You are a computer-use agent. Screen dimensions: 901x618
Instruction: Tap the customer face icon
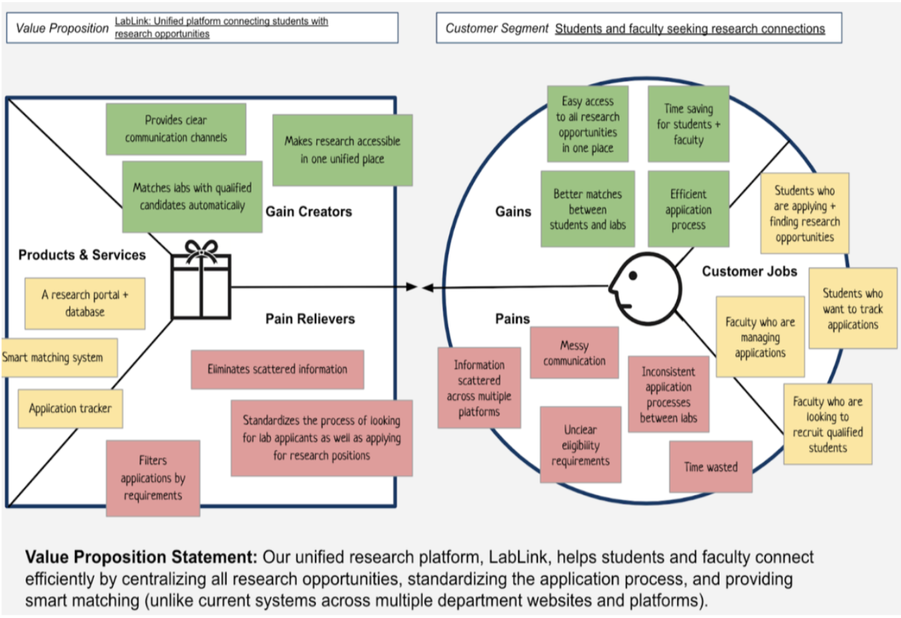[645, 288]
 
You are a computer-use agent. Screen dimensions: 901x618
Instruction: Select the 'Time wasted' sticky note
[711, 467]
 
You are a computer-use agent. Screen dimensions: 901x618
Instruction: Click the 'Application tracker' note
[70, 408]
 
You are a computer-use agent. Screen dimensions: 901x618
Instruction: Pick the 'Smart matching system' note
[59, 357]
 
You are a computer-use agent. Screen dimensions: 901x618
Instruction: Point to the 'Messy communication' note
[575, 353]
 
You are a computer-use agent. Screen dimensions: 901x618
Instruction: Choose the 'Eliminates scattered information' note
[278, 369]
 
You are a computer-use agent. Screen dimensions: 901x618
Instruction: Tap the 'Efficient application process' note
[688, 209]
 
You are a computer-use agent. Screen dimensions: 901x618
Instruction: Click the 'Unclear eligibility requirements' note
[581, 444]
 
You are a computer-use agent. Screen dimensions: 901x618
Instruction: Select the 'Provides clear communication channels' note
[176, 129]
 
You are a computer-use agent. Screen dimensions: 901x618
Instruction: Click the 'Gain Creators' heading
[308, 212]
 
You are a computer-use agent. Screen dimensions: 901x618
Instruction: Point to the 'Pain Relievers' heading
[310, 319]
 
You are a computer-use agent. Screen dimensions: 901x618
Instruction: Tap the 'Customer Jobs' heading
[749, 271]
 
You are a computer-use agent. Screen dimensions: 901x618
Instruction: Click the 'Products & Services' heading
[82, 255]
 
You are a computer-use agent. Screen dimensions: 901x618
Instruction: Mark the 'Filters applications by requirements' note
[153, 478]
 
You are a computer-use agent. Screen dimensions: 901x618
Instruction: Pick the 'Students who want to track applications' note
[853, 308]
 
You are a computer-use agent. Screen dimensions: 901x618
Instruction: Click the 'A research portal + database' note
[85, 304]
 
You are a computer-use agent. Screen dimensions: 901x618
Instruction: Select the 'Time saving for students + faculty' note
[688, 124]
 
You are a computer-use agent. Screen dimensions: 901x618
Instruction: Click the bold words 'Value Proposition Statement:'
[141, 557]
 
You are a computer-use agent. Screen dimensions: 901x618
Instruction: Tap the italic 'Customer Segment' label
[497, 28]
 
